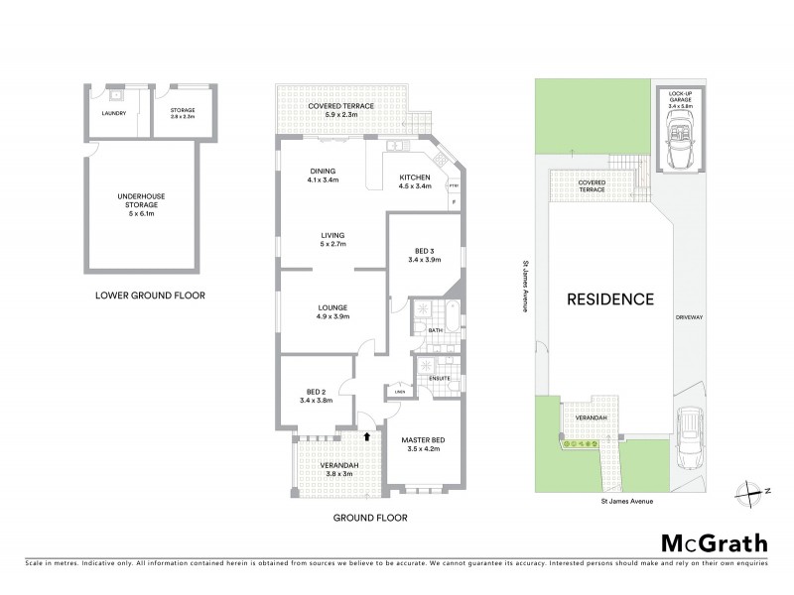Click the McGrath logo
(714, 542)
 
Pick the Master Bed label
(423, 444)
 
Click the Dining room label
(323, 175)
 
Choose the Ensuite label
(441, 378)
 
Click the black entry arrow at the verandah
(367, 434)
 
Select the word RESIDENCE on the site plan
(610, 298)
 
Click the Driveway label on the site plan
(689, 317)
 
